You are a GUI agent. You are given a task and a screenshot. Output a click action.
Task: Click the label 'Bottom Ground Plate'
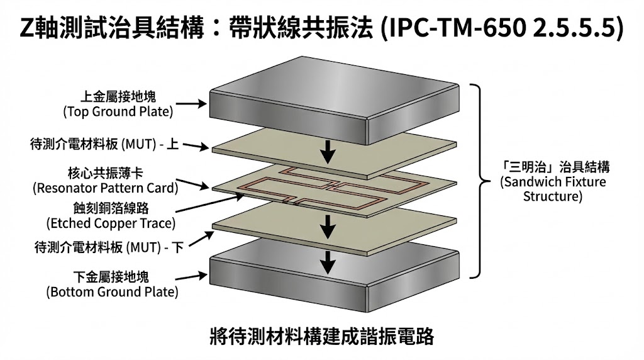pyautogui.click(x=112, y=292)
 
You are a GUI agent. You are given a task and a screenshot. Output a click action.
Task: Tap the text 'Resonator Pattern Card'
pyautogui.click(x=105, y=187)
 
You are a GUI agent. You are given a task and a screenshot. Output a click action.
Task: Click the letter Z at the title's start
pyautogui.click(x=26, y=28)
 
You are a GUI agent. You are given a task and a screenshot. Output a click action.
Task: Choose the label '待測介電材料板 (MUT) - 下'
pyautogui.click(x=108, y=247)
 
